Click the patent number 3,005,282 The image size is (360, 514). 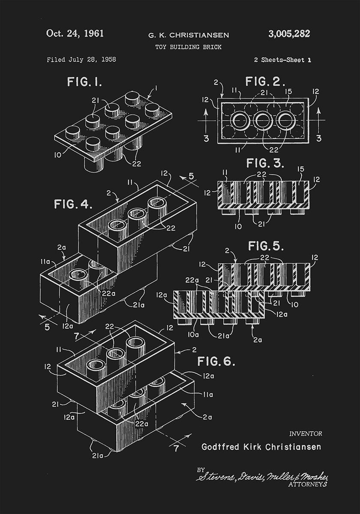(289, 34)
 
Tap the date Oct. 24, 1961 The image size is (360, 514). (75, 34)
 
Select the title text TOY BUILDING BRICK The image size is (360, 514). (188, 47)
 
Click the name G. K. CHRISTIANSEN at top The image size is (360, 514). (188, 35)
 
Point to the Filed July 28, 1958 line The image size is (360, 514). (81, 60)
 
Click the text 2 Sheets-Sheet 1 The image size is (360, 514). (282, 60)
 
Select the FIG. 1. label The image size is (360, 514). (84, 82)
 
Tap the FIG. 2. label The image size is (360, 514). (265, 81)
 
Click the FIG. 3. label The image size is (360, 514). (265, 164)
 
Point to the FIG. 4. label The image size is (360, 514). (73, 204)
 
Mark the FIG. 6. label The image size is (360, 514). (216, 361)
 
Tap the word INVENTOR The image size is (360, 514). (306, 433)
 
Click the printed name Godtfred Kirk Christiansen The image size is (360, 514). (261, 447)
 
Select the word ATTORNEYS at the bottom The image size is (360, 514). (308, 484)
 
